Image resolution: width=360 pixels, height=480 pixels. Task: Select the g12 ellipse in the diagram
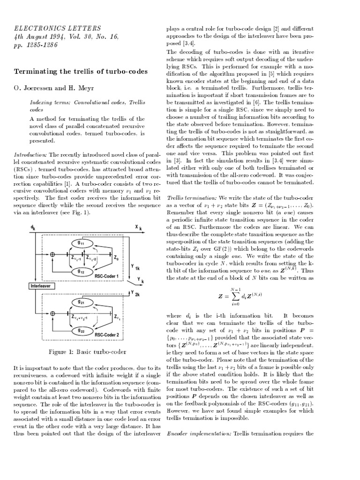[x=81, y=271]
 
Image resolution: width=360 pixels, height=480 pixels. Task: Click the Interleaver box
[x=43, y=286]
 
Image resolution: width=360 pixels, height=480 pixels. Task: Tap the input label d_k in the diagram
[x=32, y=227]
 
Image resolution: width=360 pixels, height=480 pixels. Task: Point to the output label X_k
[x=138, y=227]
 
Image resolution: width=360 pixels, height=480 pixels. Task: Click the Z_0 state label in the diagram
[x=116, y=257]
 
